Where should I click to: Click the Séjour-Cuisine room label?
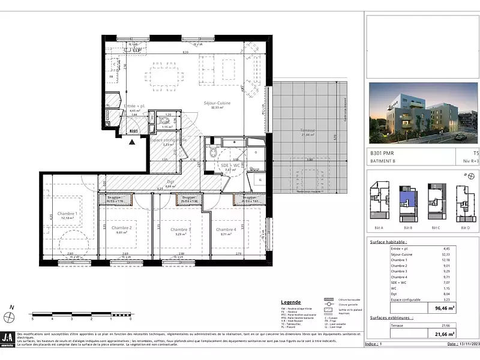[x=217, y=103]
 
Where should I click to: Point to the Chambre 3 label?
[x=181, y=229]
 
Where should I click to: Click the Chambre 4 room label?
[x=226, y=229]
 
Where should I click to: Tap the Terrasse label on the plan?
[x=307, y=131]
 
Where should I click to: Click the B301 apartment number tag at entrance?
[x=134, y=130]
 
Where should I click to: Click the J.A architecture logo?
[x=8, y=338]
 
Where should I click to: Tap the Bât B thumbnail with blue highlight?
[x=408, y=203]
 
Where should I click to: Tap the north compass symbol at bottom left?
[x=8, y=316]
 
